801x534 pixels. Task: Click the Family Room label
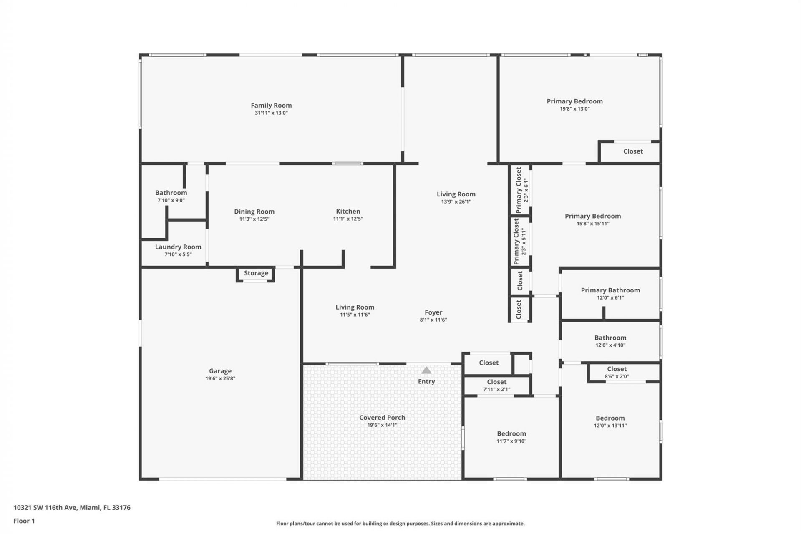(x=271, y=106)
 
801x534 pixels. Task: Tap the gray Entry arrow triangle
(x=426, y=370)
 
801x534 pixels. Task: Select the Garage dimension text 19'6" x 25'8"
(x=220, y=379)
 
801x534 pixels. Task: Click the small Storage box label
(x=256, y=273)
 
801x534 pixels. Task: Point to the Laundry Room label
(x=178, y=247)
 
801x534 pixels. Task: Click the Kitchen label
(x=348, y=212)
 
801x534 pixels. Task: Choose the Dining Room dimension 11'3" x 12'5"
(x=254, y=219)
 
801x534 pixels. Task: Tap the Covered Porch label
(x=382, y=418)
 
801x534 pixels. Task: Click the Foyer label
(x=433, y=312)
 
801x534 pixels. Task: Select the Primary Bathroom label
(x=610, y=290)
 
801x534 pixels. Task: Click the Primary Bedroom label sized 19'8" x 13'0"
(x=574, y=101)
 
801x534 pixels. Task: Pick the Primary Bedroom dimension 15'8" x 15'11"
(x=593, y=224)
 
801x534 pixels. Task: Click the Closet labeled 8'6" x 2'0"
(x=617, y=369)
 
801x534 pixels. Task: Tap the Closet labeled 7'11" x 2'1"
(x=496, y=382)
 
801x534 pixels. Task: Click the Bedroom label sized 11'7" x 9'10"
(x=511, y=434)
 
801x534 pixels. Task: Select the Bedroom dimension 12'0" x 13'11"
(x=610, y=426)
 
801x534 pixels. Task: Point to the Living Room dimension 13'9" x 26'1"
(x=456, y=202)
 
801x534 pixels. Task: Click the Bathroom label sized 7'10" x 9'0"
(x=171, y=193)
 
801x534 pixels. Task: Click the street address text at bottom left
(x=72, y=508)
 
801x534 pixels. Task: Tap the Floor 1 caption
(x=24, y=521)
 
